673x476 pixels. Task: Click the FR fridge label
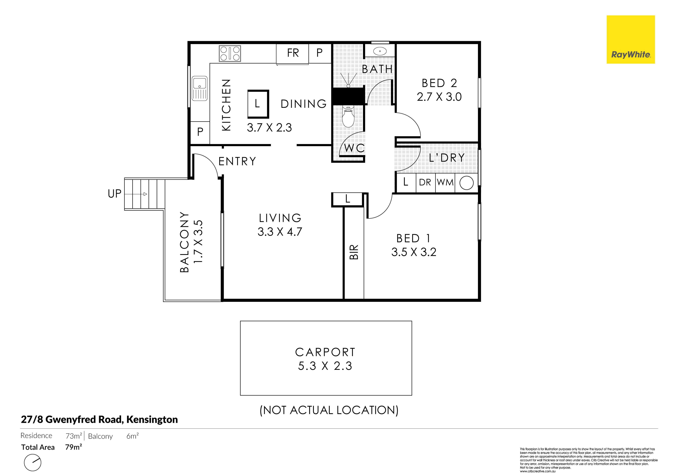point(293,53)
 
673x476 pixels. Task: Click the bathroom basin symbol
point(380,51)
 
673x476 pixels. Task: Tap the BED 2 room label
point(439,83)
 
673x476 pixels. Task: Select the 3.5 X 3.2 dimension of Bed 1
point(414,252)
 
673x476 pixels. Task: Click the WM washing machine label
point(445,182)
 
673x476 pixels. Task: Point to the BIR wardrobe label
point(354,252)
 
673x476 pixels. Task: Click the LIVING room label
point(280,218)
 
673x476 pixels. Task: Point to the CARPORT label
point(325,352)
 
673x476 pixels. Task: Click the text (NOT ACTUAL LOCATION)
point(329,410)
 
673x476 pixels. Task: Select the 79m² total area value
point(73,447)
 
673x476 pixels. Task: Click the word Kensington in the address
point(152,420)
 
